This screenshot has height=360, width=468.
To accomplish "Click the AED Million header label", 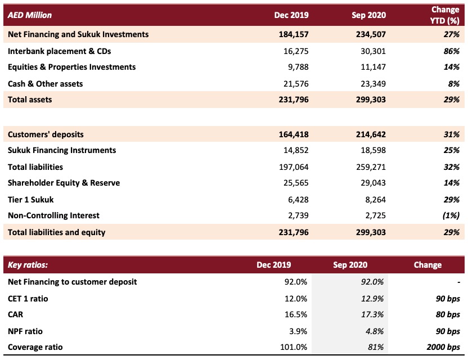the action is (x=30, y=15).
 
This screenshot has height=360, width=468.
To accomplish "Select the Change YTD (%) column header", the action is (x=445, y=15).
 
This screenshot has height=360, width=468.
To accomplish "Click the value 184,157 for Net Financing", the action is (x=294, y=34).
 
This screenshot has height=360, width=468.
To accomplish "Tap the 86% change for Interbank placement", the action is (x=452, y=51).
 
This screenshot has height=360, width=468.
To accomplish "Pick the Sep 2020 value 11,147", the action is (x=373, y=67).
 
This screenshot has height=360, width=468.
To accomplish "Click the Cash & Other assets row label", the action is (x=46, y=84).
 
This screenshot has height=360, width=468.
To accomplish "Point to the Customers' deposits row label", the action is (x=46, y=134).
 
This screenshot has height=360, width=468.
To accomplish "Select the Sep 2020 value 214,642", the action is (x=371, y=134).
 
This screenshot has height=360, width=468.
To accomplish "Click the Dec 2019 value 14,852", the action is (x=296, y=150).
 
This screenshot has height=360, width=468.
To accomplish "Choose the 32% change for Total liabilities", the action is (x=452, y=167).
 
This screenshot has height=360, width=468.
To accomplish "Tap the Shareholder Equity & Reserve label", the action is (x=64, y=183).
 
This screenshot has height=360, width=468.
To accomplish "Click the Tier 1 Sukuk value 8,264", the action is (x=376, y=200).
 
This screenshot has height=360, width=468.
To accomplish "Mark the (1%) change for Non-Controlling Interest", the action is (x=451, y=215).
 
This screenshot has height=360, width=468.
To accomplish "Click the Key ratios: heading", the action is (x=28, y=265).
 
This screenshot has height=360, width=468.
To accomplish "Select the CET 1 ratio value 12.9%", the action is (x=372, y=299).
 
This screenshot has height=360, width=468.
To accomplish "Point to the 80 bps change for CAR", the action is (x=448, y=314).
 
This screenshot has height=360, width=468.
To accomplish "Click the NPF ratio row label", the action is (x=25, y=331).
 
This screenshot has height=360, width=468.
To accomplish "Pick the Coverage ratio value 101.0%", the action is (x=294, y=347).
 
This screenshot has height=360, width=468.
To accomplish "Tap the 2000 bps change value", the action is (x=443, y=347).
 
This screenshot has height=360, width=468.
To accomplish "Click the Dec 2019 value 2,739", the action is (x=298, y=215).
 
